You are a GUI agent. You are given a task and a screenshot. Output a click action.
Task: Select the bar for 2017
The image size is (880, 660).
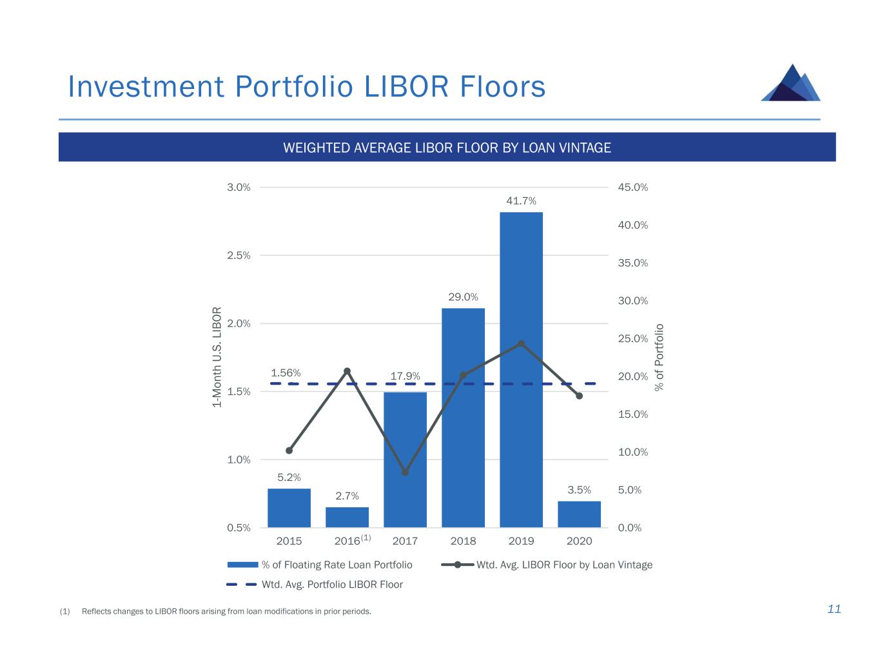point(405,460)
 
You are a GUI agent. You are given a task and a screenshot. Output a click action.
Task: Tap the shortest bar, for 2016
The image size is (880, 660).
point(347,517)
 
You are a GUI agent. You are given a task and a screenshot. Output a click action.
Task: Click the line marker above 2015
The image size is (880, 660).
point(289,451)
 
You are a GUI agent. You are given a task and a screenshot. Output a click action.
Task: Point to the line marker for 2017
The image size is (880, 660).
point(405,472)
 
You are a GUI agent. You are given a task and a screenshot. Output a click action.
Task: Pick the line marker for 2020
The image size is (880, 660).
point(579,396)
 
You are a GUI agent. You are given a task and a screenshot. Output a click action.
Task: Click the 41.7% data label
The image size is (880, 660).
point(521,201)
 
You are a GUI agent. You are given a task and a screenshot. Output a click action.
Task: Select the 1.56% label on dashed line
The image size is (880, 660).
point(286,373)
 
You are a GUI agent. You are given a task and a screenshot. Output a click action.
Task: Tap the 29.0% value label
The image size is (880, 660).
point(463,297)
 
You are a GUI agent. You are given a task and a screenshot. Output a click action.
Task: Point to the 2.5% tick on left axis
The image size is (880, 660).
point(239,255)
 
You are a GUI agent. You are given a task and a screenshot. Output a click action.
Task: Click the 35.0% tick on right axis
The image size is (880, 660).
point(633,263)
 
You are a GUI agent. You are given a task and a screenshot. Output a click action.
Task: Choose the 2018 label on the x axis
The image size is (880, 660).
point(463,541)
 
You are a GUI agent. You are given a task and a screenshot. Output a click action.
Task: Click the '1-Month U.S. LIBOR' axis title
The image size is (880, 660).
point(217,357)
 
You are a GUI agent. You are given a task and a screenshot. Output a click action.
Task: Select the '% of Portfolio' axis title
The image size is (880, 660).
point(659,357)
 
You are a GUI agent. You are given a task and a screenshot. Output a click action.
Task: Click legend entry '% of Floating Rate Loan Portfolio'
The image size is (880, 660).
point(337,565)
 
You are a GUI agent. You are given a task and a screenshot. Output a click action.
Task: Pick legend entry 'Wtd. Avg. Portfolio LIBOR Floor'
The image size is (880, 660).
point(332,585)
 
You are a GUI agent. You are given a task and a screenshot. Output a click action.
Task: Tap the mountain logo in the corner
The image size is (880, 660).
point(791,83)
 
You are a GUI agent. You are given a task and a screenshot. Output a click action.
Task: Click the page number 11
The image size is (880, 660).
point(834,610)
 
